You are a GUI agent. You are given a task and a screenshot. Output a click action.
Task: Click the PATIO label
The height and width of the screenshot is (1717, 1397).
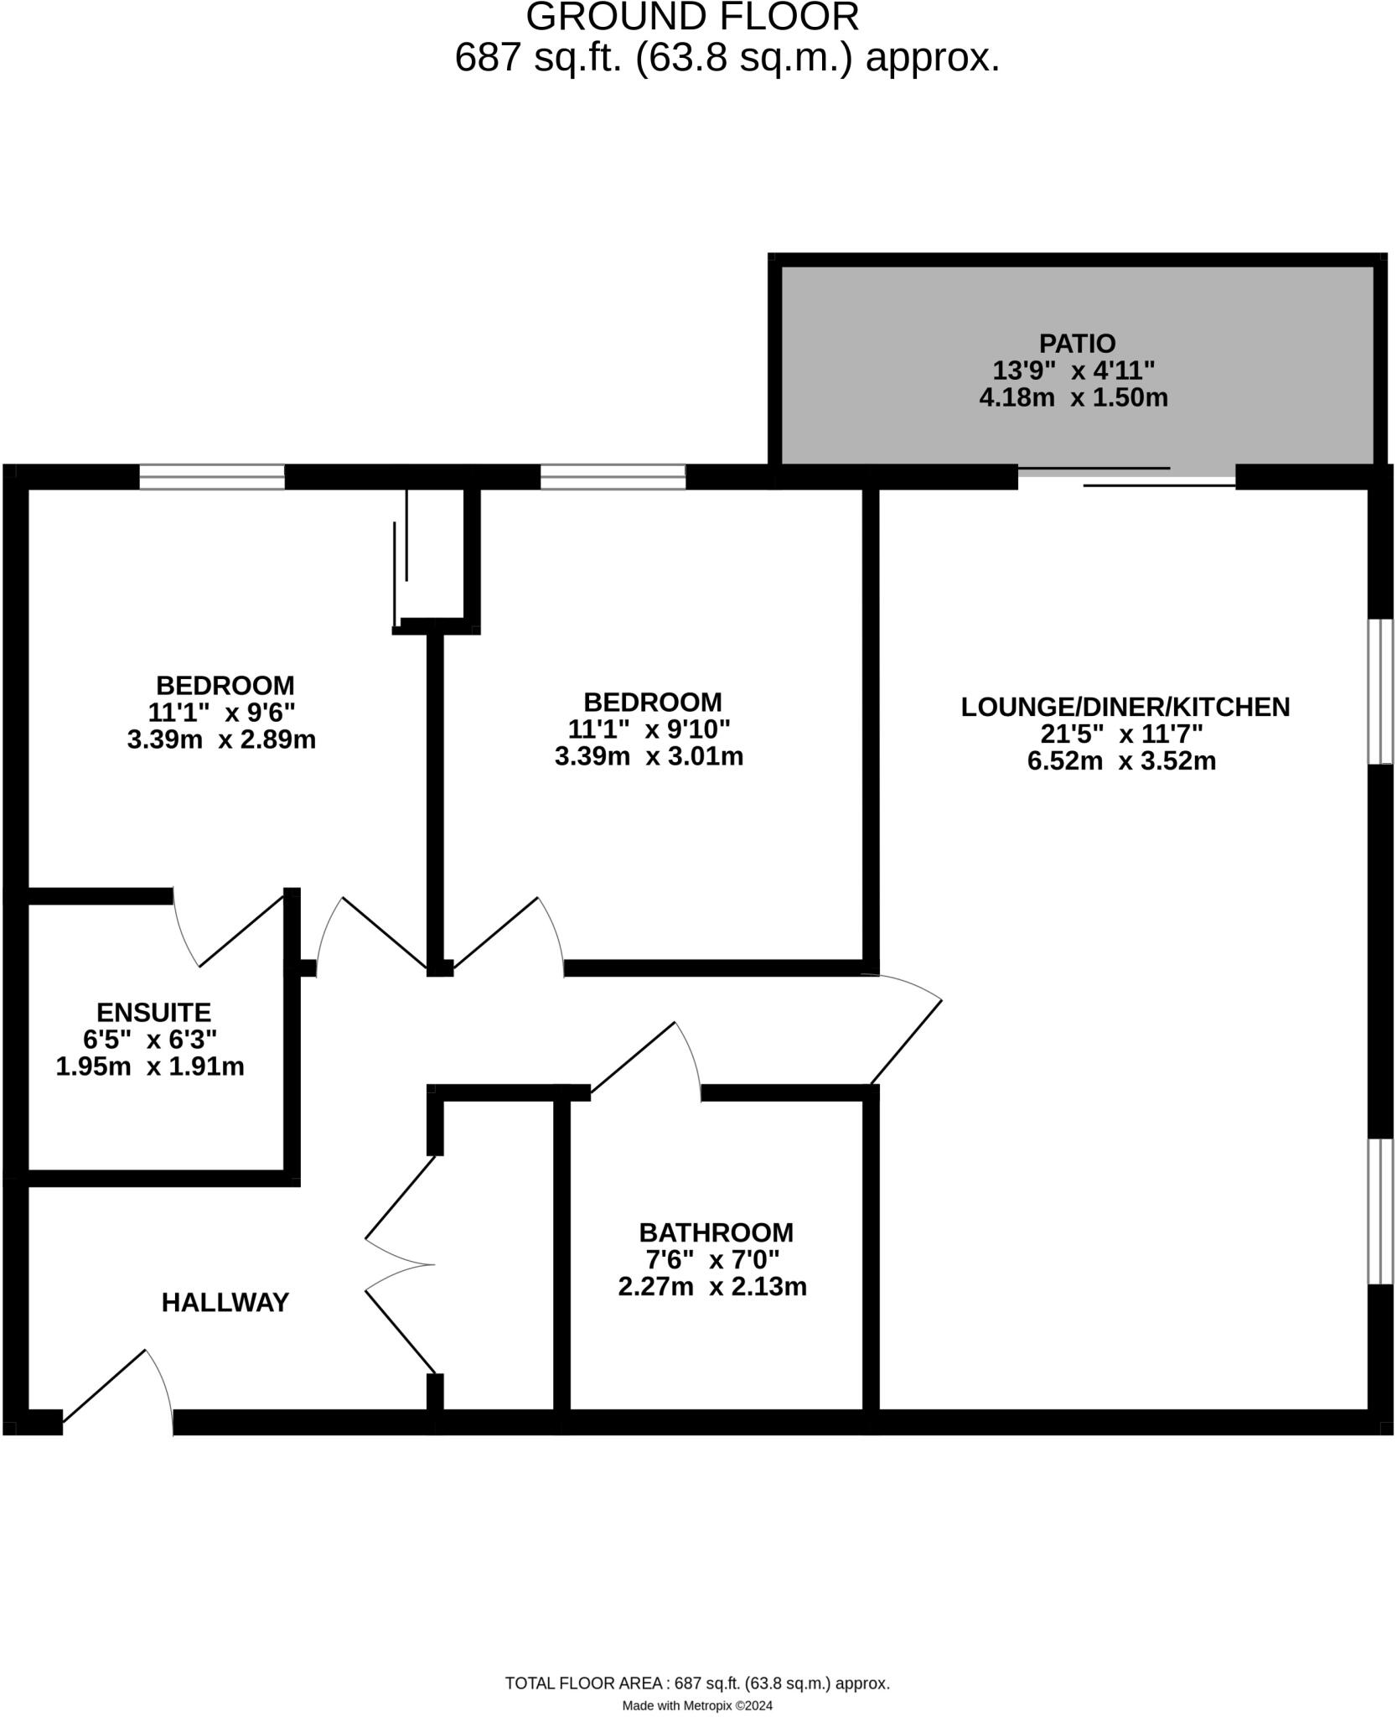coord(1077,344)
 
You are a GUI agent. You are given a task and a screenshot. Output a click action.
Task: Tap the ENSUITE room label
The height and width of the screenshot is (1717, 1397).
coord(153,1013)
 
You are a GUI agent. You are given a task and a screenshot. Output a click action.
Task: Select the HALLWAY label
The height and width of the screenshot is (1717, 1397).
coord(225,1302)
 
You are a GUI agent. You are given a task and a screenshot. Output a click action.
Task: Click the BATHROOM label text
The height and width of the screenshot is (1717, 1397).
coord(716,1232)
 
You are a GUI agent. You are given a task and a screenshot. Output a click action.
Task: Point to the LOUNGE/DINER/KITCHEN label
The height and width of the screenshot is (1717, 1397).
coord(1125,707)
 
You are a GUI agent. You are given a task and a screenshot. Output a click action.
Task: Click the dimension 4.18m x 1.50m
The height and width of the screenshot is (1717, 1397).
coord(1073,397)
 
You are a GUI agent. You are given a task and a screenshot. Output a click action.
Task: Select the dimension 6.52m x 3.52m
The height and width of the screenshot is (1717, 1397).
coord(1121,761)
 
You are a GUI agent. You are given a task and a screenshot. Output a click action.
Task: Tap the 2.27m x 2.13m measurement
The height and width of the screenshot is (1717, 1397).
coord(712,1286)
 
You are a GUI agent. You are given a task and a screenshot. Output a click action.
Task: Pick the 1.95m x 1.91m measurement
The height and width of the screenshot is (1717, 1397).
coord(150,1066)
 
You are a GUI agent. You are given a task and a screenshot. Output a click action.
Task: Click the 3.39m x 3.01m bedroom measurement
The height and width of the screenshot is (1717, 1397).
coord(649,756)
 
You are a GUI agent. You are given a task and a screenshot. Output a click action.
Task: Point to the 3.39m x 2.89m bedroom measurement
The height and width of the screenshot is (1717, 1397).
coord(221,739)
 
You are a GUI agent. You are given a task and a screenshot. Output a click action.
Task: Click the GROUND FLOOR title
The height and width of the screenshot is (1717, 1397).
coord(692,17)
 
